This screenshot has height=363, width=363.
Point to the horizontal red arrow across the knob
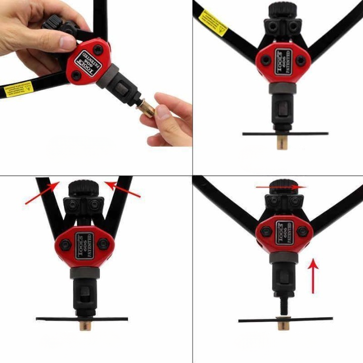point(280,187)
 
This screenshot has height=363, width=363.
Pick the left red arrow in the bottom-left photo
point(42,194)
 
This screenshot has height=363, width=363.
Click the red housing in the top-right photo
point(279,63)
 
